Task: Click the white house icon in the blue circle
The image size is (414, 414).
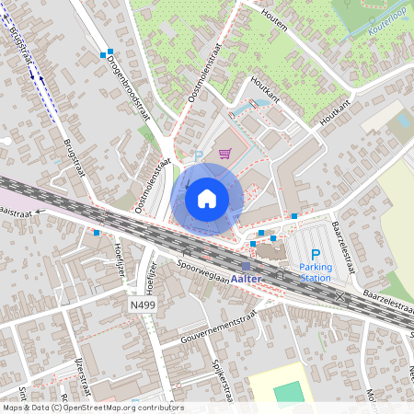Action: tap(207, 198)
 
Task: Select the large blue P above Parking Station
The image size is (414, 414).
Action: tap(316, 255)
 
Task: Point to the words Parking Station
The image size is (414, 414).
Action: tap(316, 271)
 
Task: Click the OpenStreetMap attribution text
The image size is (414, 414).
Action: tap(93, 407)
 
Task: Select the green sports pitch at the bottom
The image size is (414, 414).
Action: tap(288, 391)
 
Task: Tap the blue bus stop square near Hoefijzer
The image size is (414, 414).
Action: tap(97, 233)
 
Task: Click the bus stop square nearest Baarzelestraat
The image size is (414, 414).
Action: tap(294, 216)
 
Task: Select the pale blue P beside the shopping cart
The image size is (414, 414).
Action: tap(196, 156)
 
